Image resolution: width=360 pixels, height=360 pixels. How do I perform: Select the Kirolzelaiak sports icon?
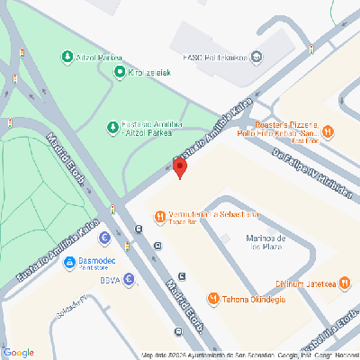click(x=119, y=72)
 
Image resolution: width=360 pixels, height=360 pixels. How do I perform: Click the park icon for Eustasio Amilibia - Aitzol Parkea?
click(x=112, y=126)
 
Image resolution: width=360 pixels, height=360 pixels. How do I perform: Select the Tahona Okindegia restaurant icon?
click(x=213, y=298)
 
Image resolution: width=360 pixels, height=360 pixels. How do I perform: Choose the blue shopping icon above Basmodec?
click(x=104, y=238)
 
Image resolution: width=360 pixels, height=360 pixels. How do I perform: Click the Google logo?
click(x=19, y=352)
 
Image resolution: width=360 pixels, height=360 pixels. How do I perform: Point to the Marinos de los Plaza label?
click(x=266, y=242)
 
